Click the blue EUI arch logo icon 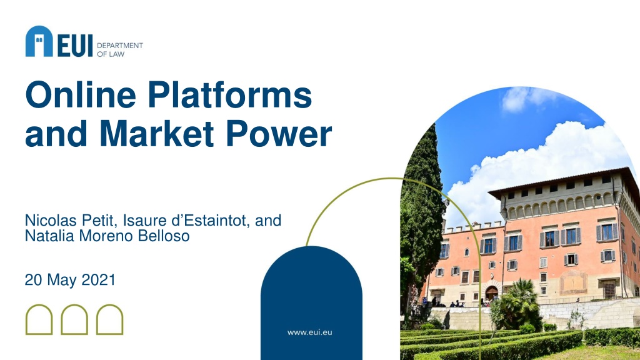39,41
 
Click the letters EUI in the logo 75,46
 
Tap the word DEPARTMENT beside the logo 120,45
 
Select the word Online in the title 81,95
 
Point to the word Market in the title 157,133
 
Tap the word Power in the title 279,134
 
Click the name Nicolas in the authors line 51,221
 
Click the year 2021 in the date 99,280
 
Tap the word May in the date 62,281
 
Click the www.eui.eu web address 310,332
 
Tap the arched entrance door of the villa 492,293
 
